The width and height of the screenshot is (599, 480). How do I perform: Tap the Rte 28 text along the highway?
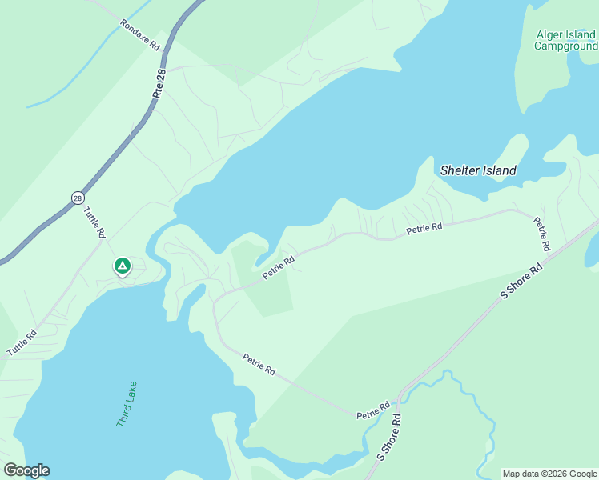159,85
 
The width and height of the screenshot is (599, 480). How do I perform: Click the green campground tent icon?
122,265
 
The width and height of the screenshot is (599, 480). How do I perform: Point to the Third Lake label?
127,403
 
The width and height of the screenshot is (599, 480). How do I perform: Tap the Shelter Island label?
478,170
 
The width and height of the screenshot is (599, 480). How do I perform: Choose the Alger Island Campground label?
565,40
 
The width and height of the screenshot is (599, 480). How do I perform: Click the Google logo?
26,470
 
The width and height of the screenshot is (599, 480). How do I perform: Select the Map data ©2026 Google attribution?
549,474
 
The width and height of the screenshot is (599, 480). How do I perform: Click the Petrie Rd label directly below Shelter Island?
424,229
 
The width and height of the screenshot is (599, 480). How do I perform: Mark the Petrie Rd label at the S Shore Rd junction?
373,412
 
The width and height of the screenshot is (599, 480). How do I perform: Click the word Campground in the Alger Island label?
565,46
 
